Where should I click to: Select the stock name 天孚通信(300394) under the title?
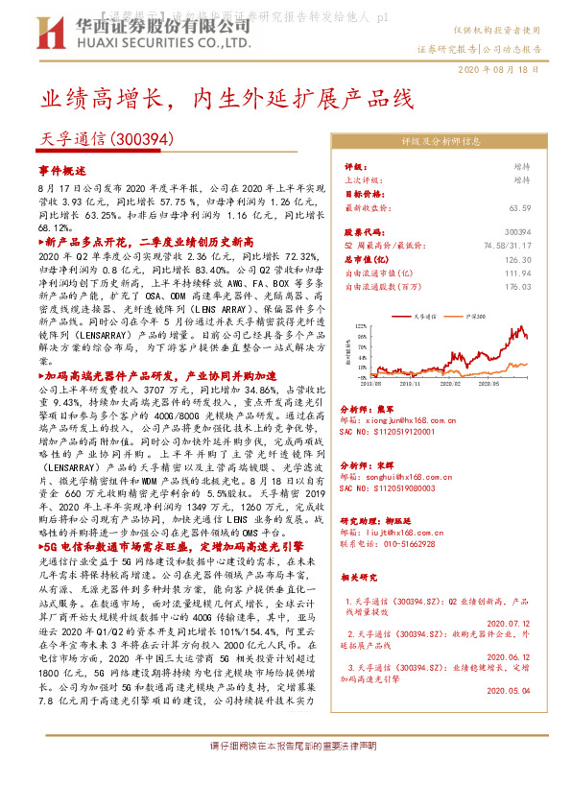click(107, 139)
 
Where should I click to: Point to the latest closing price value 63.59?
click(547, 206)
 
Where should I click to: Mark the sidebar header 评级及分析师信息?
click(440, 140)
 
